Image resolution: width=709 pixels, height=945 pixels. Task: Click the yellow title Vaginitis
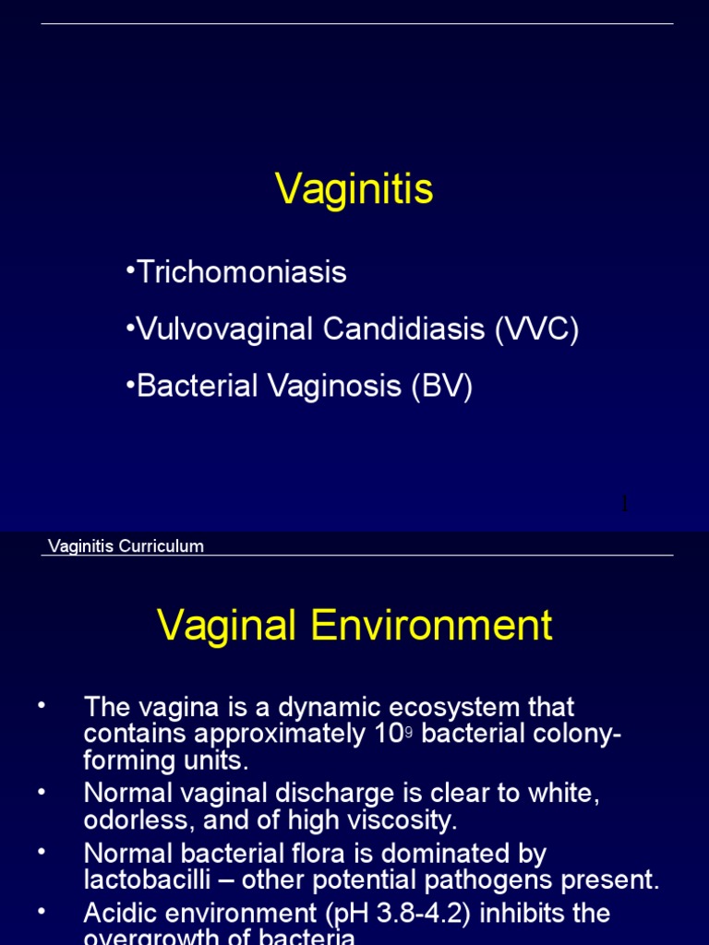point(354,190)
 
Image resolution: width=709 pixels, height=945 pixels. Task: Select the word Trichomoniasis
point(242,272)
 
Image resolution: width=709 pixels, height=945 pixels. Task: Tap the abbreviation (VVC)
point(536,329)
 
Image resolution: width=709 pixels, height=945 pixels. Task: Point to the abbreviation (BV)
point(442,387)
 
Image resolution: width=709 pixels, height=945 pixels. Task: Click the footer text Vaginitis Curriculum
point(126,545)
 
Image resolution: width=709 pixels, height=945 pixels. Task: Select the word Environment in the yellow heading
point(431,626)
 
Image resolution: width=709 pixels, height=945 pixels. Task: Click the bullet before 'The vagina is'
point(42,706)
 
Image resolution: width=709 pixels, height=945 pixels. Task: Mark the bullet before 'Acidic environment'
point(42,912)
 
